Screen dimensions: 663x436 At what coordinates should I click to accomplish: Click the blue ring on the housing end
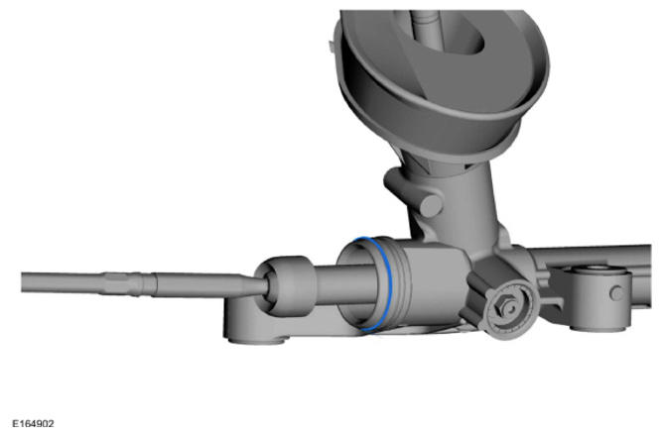point(389,283)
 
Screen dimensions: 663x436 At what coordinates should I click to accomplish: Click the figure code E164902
point(33,423)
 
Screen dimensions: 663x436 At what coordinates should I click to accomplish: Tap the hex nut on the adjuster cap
point(505,307)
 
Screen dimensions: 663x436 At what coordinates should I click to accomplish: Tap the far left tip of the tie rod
point(22,282)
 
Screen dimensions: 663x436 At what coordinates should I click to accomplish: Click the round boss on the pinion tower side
point(431,206)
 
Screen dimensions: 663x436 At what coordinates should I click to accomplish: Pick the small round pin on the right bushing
point(617,293)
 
